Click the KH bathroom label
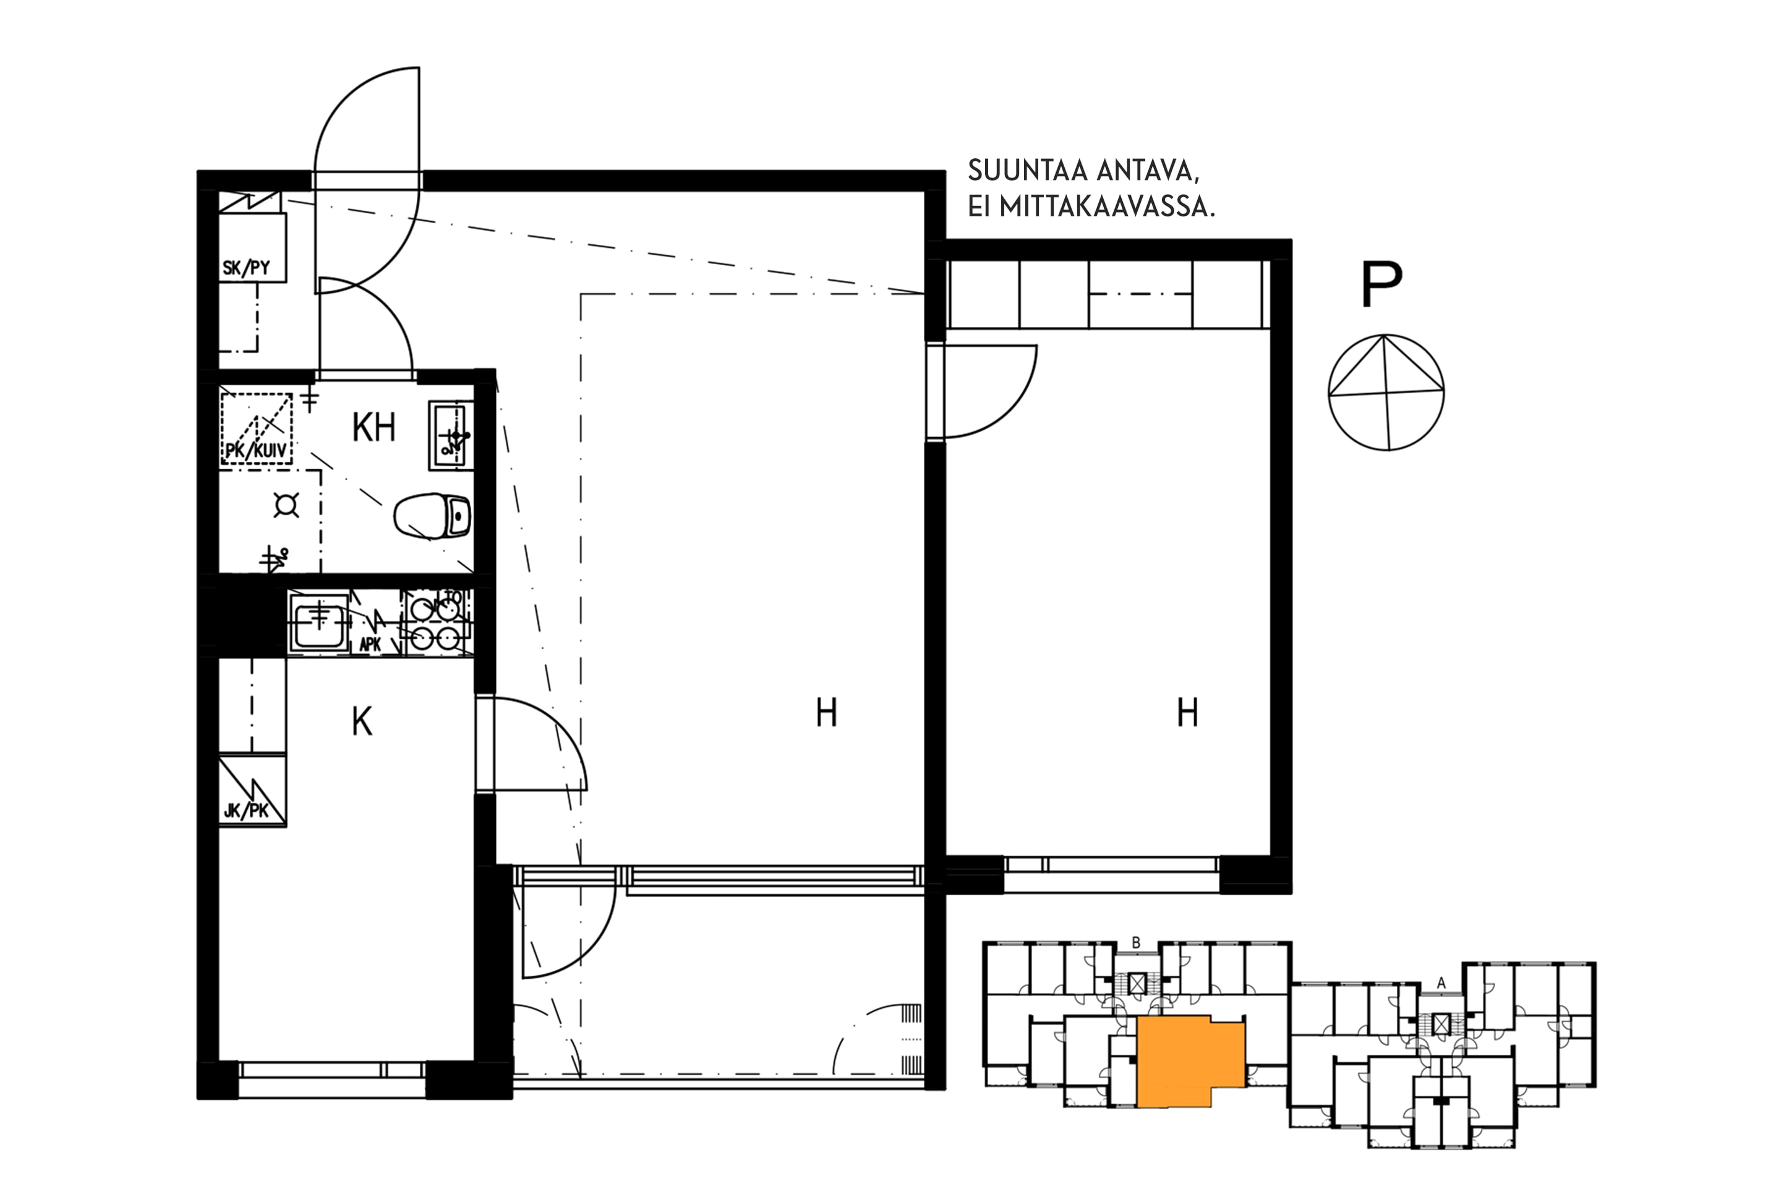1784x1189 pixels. (x=373, y=428)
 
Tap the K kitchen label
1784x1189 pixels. (x=362, y=723)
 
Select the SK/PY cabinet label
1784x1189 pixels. (x=246, y=268)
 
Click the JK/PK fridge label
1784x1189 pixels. (x=246, y=811)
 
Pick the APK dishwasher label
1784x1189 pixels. (x=370, y=644)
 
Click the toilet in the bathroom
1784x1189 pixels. (x=432, y=516)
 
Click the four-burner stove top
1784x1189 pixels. (x=437, y=622)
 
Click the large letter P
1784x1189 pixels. (x=1381, y=284)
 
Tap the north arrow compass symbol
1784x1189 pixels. (x=1386, y=393)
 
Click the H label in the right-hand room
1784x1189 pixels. (x=1187, y=713)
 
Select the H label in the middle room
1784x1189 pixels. (x=826, y=713)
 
